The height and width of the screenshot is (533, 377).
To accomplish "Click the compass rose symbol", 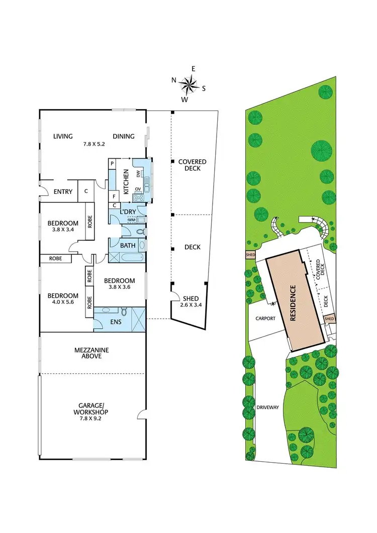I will pyautogui.click(x=189, y=85).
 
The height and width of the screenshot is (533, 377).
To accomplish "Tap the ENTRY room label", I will pyautogui.click(x=63, y=191).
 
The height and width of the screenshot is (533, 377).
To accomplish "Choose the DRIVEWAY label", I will pyautogui.click(x=267, y=407).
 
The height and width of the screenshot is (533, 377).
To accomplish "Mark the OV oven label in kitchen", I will pyautogui.click(x=138, y=189).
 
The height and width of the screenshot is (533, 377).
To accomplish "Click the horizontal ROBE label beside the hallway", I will pyautogui.click(x=56, y=258).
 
